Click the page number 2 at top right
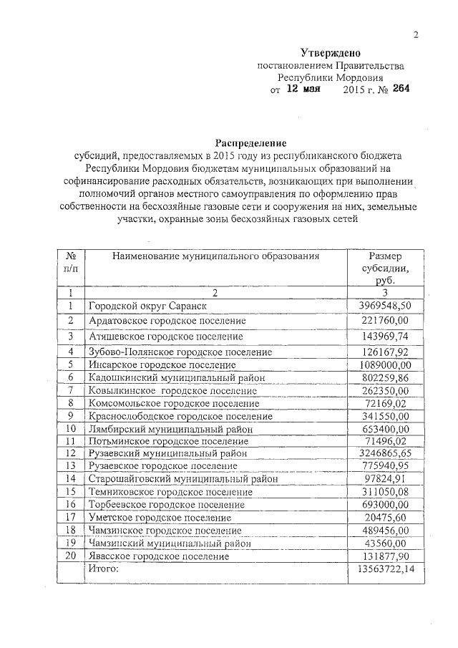point(415,36)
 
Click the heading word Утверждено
point(330,53)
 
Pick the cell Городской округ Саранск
point(147,306)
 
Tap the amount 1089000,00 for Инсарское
point(386,364)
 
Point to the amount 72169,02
point(388,403)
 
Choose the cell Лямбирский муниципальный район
point(172,429)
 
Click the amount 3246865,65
point(386,454)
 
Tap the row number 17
point(71,516)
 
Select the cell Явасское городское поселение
point(159,555)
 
